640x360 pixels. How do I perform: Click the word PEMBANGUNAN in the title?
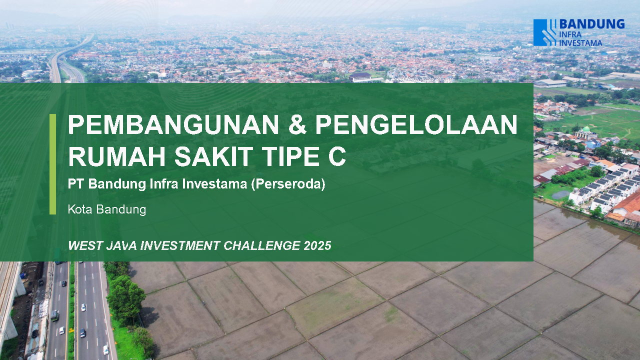[173, 124]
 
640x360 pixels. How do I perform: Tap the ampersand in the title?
[297, 124]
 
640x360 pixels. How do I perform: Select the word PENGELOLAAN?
[416, 124]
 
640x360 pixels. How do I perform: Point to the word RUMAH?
[117, 156]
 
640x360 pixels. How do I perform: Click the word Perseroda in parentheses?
[288, 184]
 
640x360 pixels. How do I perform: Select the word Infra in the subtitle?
[164, 183]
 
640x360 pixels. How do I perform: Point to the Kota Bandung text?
[107, 209]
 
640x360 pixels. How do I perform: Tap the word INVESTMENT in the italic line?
[180, 245]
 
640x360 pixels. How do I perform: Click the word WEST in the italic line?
[85, 245]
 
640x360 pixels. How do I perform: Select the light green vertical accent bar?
[52, 164]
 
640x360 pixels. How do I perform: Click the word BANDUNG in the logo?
[591, 24]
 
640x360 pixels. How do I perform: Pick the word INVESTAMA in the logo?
[580, 43]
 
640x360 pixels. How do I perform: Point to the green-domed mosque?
[586, 133]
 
